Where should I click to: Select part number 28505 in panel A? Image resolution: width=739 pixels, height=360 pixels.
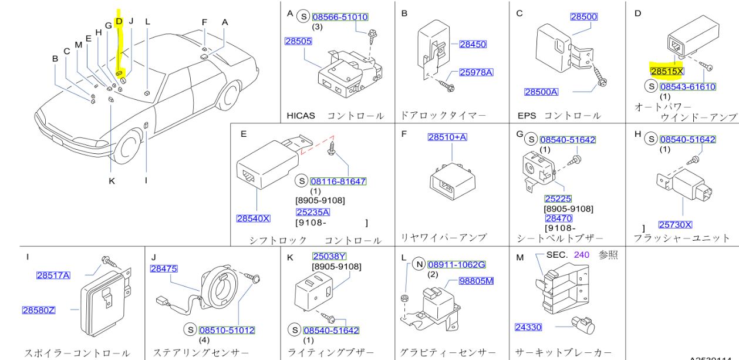coord(298,42)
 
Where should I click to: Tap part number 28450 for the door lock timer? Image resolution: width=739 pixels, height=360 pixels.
coord(473,44)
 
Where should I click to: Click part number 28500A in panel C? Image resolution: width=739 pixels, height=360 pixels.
coord(541,92)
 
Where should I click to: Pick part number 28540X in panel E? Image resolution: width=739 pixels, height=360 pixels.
coord(253,218)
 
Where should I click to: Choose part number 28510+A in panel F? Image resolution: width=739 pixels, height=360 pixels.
coord(447,136)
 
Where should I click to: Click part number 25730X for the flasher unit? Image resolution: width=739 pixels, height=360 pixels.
coord(675,224)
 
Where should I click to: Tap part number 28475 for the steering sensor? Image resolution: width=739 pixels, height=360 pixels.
coord(163,268)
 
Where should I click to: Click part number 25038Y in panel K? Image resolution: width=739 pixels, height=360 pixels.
coord(329,257)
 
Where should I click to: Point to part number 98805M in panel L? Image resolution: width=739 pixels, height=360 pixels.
coord(476,281)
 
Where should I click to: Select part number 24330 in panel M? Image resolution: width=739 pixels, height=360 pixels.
coord(528,327)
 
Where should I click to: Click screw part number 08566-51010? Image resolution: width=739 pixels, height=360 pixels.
coord(340,17)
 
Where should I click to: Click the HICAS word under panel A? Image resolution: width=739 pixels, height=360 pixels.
coord(301,116)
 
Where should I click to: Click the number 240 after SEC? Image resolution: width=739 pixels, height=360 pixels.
coord(581,255)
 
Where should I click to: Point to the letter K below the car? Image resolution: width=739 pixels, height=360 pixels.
coord(111,181)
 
